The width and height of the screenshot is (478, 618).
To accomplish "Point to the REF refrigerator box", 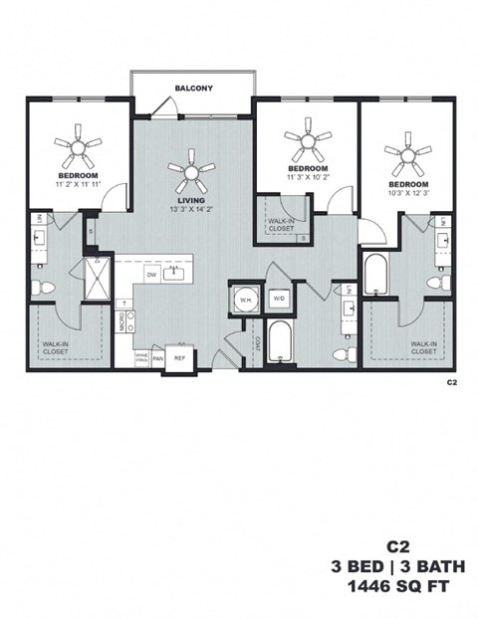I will (180, 357).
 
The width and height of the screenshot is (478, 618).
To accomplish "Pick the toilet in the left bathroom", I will (43, 289).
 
